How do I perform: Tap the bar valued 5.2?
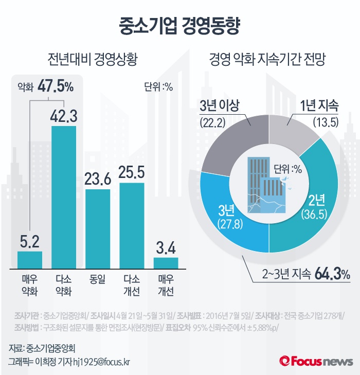30,259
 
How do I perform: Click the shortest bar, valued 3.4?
166,262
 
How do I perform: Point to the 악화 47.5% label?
45,86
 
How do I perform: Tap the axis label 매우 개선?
166,285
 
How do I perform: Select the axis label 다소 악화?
64,285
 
